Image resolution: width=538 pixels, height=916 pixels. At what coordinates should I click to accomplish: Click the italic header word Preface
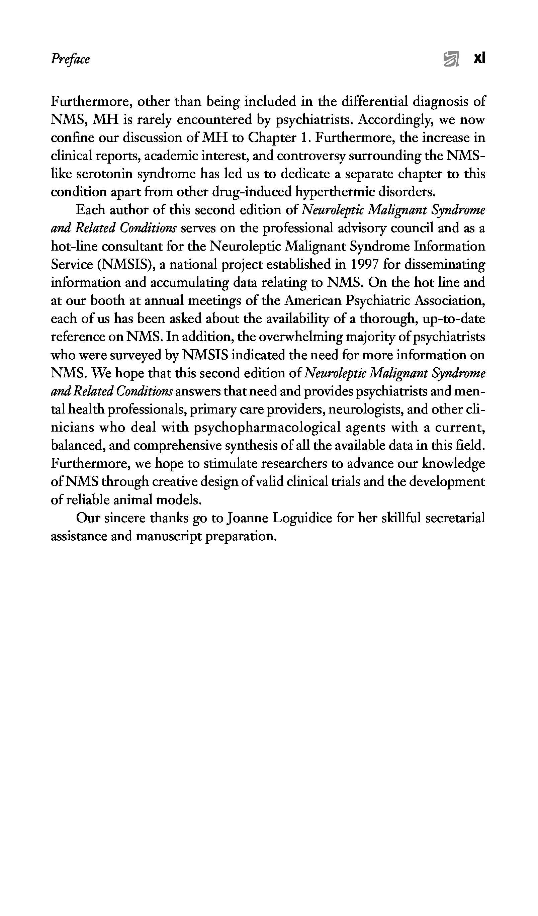pyautogui.click(x=70, y=59)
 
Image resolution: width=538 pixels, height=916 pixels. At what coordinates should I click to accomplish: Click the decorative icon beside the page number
pyautogui.click(x=451, y=59)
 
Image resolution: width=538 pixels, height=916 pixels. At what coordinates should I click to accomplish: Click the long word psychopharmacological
pyautogui.click(x=267, y=427)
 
